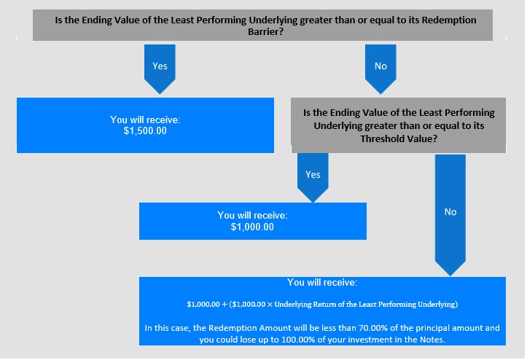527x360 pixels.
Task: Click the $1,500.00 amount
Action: [x=145, y=130]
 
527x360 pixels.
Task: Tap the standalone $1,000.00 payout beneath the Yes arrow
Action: [x=252, y=227]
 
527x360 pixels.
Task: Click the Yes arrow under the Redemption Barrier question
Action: [x=160, y=69]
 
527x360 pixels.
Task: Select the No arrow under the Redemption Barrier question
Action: [x=380, y=69]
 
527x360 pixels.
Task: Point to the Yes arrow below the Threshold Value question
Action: [x=313, y=178]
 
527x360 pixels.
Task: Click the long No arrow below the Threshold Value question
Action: [x=450, y=215]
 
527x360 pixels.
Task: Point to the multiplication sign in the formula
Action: [x=270, y=305]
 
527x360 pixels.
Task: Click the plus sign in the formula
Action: [x=225, y=305]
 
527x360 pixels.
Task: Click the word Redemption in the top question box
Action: [x=449, y=20]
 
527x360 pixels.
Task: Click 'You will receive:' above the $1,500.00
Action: [x=145, y=120]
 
